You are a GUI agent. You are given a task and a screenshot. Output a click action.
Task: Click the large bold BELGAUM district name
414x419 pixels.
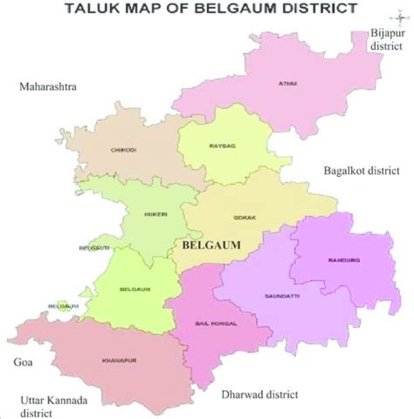point(210,245)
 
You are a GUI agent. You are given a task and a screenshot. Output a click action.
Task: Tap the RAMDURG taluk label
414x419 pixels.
point(344,260)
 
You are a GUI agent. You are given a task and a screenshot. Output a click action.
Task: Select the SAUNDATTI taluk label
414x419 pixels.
point(282,296)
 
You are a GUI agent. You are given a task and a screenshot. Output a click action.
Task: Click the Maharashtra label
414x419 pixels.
point(48,87)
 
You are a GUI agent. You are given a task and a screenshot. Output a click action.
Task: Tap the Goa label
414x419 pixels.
point(22,363)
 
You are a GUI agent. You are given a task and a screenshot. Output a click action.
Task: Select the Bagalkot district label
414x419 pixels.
point(361,171)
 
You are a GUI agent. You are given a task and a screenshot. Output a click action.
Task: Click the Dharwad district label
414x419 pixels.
point(260,395)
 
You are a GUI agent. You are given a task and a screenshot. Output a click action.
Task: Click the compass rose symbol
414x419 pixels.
point(400,16)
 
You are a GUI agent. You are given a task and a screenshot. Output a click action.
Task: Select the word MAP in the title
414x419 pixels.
point(147,9)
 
